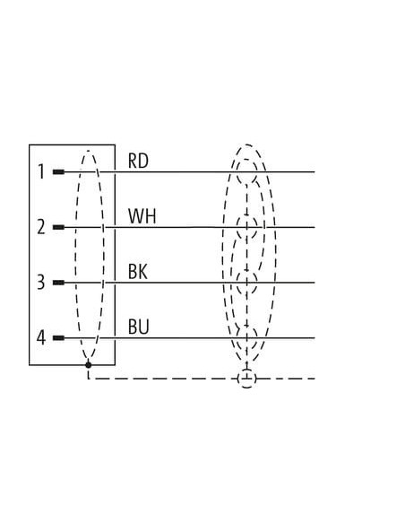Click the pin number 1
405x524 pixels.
41,171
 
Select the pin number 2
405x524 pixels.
41,227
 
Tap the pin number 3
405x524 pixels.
40,282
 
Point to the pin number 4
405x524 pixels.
40,337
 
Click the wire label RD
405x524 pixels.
138,161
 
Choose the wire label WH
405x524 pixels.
142,216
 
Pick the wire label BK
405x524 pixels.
138,272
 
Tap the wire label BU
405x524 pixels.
139,327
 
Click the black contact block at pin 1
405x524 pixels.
59,172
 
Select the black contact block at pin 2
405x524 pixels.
59,227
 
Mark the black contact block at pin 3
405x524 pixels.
59,283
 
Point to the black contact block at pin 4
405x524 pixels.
59,338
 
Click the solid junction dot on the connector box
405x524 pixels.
88,364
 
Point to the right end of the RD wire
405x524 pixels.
315,172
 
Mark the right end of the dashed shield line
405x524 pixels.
315,379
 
